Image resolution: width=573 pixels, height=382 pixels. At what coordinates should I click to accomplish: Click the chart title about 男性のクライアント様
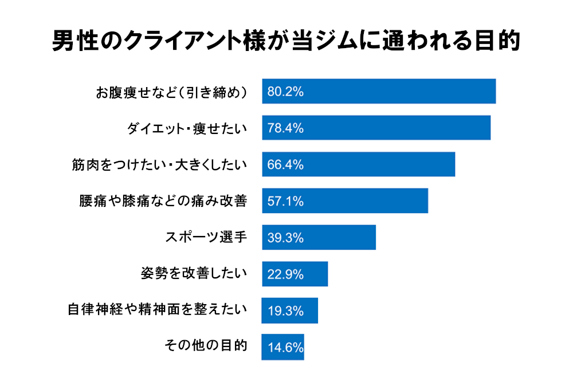point(286,41)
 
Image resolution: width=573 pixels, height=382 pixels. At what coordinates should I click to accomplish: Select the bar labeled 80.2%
point(379,91)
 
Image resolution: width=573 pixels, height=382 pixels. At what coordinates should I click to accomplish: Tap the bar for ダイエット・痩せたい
point(376,128)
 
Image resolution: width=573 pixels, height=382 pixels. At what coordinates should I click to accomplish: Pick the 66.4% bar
point(359,164)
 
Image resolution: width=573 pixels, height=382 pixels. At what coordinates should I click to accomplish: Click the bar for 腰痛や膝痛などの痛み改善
point(345,201)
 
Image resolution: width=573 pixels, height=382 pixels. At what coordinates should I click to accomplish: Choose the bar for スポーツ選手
point(319,238)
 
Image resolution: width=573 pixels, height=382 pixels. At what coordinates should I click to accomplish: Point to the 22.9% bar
point(295,274)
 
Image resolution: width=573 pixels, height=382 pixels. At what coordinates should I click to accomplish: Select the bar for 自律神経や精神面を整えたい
point(290,311)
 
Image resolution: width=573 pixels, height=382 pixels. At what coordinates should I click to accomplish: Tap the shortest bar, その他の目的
point(283,348)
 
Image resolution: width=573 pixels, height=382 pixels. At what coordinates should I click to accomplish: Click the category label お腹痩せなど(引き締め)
point(171,92)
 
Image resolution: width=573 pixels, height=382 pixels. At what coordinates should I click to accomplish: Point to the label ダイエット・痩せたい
point(187,128)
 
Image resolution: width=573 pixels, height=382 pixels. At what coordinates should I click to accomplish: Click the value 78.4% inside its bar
point(285,128)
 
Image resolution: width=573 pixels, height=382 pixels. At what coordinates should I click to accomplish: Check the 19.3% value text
point(285,312)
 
